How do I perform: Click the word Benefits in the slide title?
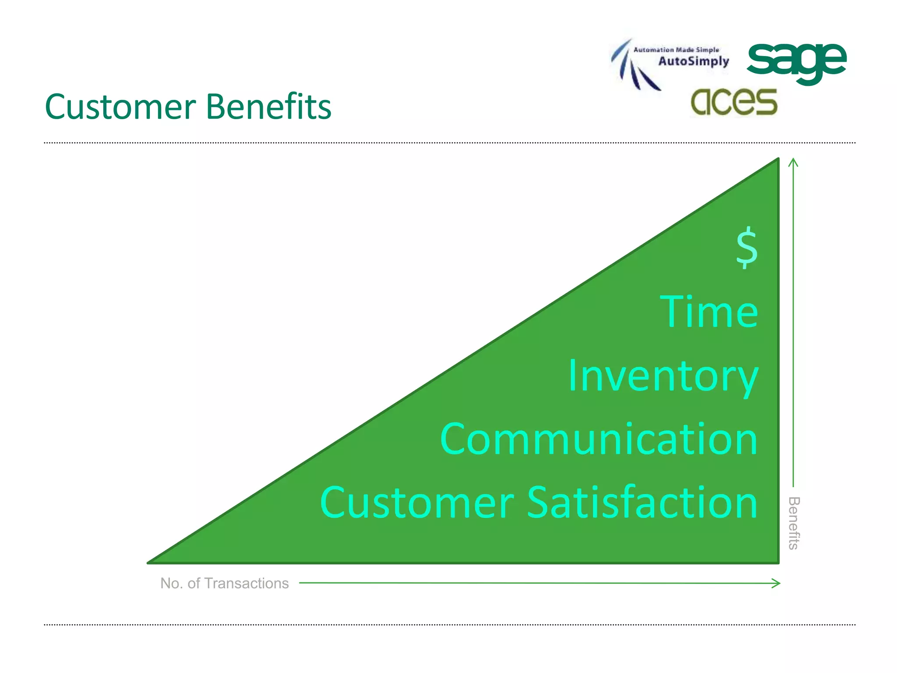coord(268,107)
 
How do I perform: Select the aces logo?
coord(734,102)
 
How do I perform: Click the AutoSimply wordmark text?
coord(694,61)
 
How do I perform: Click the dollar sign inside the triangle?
coord(746,247)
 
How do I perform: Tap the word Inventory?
coord(663,376)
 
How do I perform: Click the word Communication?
coord(599,439)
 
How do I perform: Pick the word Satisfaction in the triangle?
coord(642,503)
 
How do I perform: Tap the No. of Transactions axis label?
coord(224,583)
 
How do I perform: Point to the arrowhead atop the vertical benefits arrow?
coord(793,162)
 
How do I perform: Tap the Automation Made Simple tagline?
coord(676,50)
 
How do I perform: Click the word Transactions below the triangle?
coord(247,583)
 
